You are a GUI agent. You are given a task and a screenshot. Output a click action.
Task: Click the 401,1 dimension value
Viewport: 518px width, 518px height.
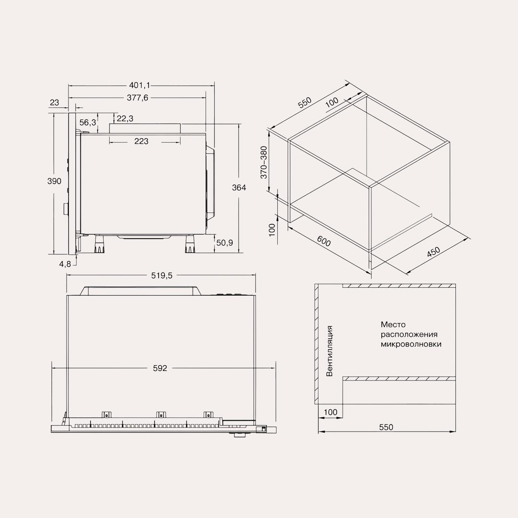pos(139,86)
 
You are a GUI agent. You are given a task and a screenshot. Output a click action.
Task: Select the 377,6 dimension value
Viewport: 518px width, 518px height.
pos(137,98)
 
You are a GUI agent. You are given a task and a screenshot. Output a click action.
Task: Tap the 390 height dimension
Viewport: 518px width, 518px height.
pos(54,181)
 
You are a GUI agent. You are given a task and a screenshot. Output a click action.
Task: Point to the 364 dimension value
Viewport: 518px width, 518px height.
pos(239,188)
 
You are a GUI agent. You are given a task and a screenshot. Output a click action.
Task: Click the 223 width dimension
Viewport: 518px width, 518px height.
pos(141,141)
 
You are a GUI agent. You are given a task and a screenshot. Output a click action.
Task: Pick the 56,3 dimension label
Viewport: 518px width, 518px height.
pos(88,123)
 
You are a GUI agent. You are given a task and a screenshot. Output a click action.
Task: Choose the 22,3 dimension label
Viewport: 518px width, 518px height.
pos(125,119)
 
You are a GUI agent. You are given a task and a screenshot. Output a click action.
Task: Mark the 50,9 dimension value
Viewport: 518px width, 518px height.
pos(224,243)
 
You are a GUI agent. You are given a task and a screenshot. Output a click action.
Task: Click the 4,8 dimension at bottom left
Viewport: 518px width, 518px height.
pos(65,264)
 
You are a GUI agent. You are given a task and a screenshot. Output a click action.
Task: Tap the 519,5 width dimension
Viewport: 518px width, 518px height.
pos(162,275)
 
